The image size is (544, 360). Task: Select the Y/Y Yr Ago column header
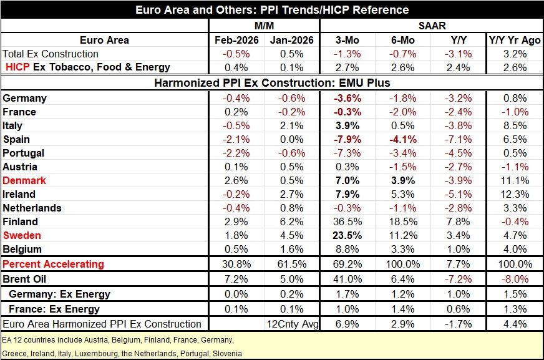tap(515, 40)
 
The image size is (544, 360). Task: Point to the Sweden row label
tap(22, 235)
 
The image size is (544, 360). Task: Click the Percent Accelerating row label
tap(53, 264)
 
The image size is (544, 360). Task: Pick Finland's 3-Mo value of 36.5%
tap(346, 221)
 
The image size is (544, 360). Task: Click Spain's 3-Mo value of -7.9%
tap(346, 139)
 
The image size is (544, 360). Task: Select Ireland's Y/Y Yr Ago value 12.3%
tap(515, 194)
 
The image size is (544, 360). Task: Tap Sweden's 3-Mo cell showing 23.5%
tap(346, 235)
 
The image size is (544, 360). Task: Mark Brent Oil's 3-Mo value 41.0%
tap(346, 280)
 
